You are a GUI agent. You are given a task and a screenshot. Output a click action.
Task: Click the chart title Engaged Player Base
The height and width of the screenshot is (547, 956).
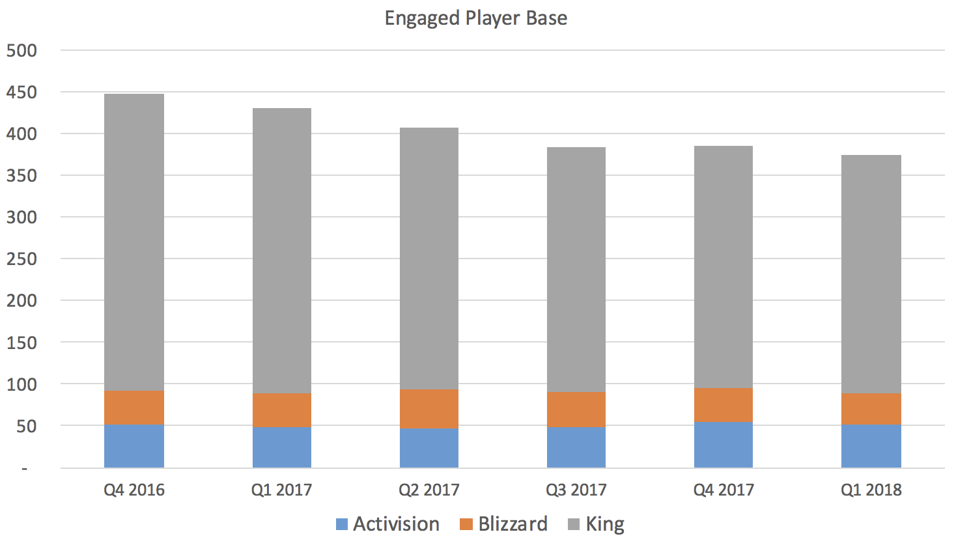475,18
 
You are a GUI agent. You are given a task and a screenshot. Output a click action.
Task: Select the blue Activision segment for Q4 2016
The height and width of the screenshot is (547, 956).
134,446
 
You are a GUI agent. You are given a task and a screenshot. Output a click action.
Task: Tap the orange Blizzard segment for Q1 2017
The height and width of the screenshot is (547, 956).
281,410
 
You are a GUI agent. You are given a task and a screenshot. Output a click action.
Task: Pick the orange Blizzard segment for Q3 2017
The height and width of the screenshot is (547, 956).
576,410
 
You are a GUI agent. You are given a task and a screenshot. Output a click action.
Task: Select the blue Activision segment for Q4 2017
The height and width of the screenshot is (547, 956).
723,445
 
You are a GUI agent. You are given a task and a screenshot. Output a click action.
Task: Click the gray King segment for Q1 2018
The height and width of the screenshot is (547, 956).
871,274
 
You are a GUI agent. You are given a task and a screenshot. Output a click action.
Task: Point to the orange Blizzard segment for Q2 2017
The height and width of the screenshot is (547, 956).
429,409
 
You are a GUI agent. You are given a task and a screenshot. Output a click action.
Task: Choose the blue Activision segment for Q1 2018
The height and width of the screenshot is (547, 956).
871,446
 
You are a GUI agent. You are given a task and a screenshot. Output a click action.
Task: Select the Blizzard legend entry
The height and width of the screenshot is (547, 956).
503,524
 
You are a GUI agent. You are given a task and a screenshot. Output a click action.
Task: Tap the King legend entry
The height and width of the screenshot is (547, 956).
597,524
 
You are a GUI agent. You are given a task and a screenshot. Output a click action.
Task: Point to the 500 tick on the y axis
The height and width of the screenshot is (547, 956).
21,51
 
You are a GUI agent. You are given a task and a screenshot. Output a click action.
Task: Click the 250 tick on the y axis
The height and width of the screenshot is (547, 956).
21,259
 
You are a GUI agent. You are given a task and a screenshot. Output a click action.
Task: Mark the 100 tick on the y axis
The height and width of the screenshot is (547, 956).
21,384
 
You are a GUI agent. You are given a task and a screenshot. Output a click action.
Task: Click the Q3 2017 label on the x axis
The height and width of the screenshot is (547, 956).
576,490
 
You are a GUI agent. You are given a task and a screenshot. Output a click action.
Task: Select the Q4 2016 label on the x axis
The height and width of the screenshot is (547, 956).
134,490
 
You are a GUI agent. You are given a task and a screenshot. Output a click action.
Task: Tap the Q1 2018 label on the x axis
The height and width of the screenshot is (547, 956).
871,490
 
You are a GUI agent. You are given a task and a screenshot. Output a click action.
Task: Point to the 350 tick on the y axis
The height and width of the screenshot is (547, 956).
21,176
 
